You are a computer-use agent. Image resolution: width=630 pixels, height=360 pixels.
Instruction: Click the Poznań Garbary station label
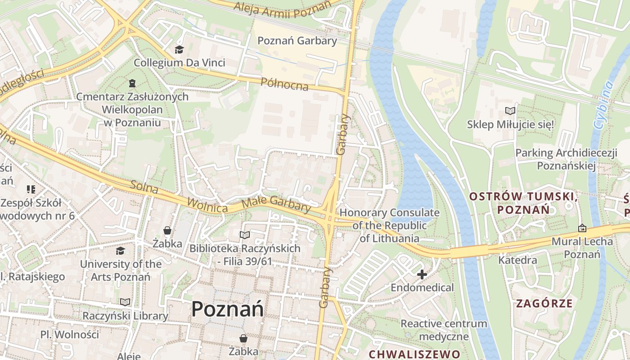(x=297, y=41)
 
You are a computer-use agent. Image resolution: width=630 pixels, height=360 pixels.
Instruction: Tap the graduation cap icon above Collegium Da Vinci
(x=180, y=49)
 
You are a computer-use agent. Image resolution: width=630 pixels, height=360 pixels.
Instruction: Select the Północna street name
(x=284, y=84)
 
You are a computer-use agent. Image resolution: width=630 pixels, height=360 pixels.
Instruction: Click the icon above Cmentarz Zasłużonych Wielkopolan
(x=132, y=83)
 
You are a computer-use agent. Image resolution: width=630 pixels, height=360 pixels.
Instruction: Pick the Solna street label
(x=144, y=187)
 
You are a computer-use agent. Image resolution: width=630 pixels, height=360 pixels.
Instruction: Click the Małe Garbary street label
(x=276, y=205)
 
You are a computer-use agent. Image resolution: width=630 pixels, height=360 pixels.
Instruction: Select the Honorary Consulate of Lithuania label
(x=389, y=225)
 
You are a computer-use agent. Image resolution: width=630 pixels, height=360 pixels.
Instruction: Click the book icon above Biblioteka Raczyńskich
(x=244, y=235)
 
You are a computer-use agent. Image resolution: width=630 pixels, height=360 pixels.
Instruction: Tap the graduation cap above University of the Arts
(x=120, y=251)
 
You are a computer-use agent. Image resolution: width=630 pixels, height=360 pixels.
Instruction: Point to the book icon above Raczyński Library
(x=125, y=302)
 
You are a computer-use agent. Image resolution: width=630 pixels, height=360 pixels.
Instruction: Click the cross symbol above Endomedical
(x=422, y=274)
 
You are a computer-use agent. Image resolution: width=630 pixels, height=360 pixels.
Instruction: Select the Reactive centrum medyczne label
(x=444, y=330)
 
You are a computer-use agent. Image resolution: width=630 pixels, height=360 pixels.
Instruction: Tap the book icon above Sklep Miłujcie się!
(x=510, y=111)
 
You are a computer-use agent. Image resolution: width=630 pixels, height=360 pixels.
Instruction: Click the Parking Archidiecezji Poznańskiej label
(x=566, y=159)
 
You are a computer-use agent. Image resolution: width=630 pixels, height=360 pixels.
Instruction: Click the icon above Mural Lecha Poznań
(x=582, y=228)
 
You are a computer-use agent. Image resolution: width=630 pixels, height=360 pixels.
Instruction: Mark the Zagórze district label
(x=544, y=303)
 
